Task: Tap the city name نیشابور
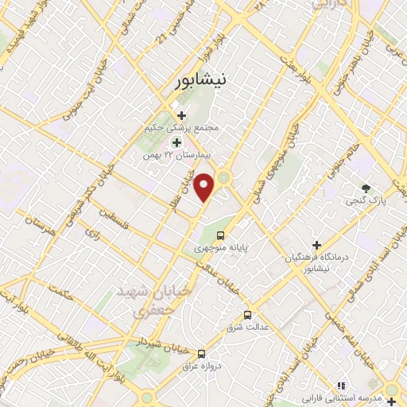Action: pyautogui.click(x=203, y=80)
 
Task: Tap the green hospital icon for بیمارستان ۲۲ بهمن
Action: pyautogui.click(x=176, y=141)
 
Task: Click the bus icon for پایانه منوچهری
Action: pyautogui.click(x=222, y=236)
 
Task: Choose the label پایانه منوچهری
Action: pyautogui.click(x=223, y=248)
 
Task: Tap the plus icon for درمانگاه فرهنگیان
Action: pyautogui.click(x=316, y=245)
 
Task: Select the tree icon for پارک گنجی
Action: pyautogui.click(x=365, y=188)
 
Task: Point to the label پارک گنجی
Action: pyautogui.click(x=366, y=201)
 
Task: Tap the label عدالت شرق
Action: pyautogui.click(x=248, y=327)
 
